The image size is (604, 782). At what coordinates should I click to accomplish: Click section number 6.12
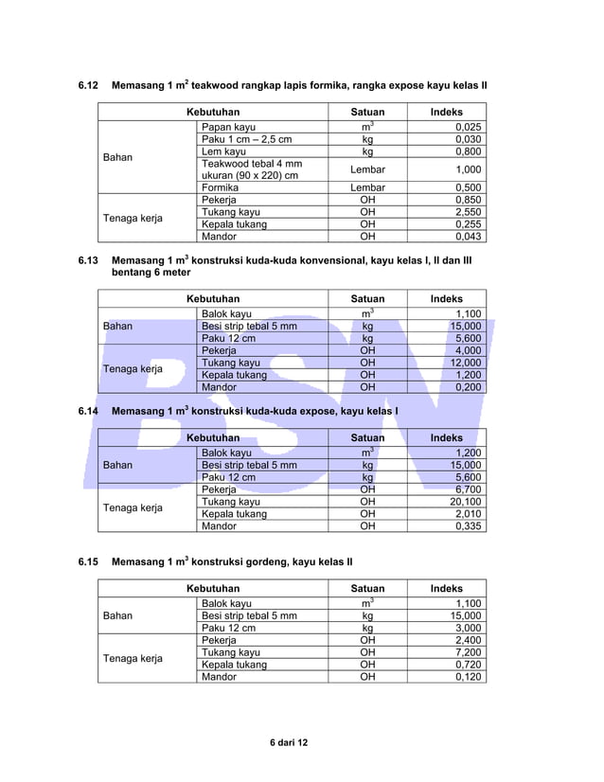[x=88, y=86]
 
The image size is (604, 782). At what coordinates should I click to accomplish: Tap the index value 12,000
[x=465, y=363]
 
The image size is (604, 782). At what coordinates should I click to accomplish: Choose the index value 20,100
[x=465, y=502]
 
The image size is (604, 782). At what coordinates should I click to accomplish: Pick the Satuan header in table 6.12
[x=367, y=112]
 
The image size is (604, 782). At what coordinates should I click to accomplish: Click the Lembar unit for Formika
[x=367, y=187]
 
